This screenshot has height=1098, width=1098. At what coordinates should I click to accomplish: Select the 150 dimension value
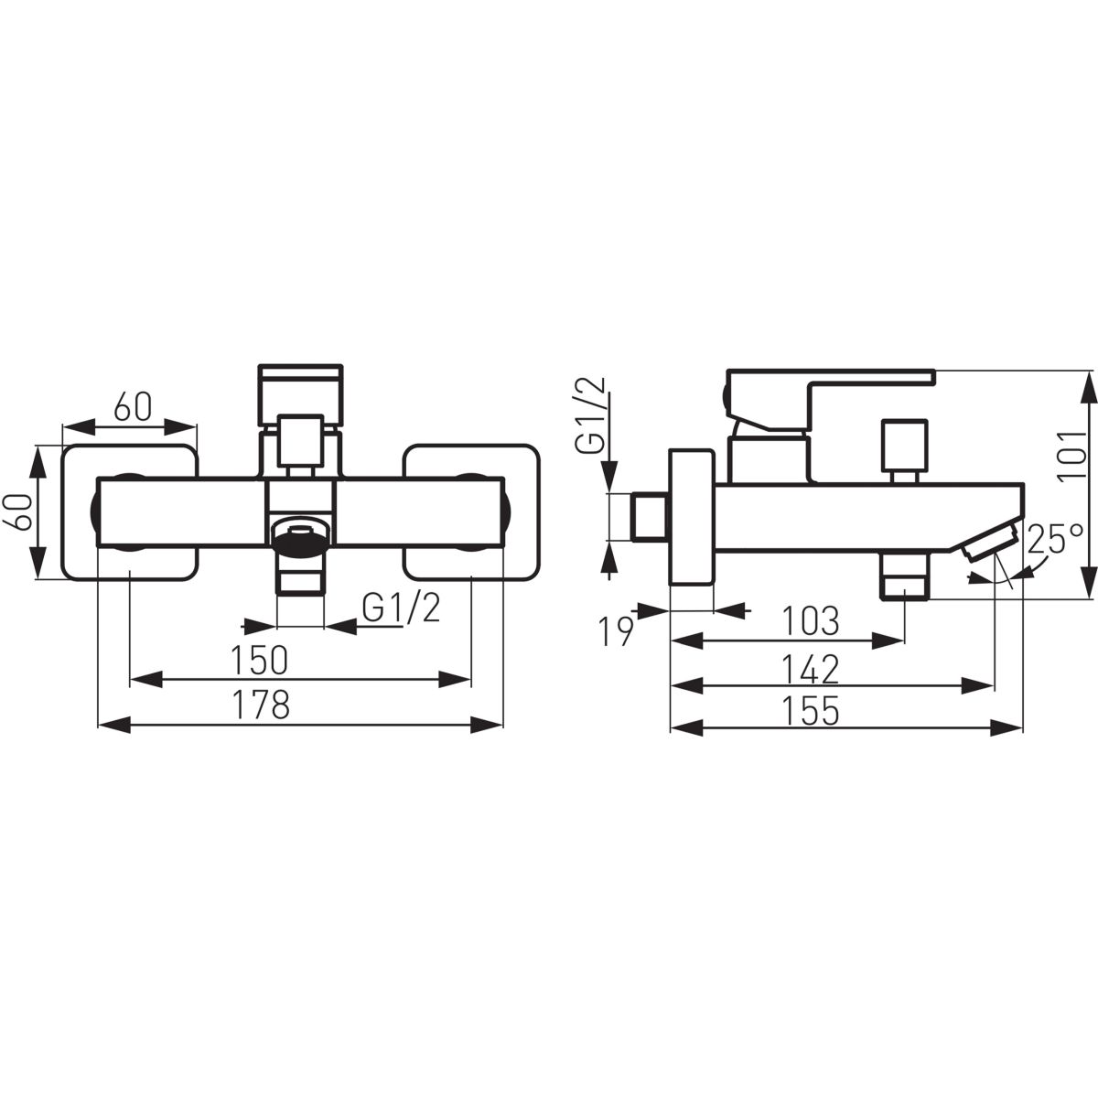click(259, 660)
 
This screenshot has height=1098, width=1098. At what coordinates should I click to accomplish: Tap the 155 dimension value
click(811, 709)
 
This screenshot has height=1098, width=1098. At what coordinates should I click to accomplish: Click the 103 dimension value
click(811, 621)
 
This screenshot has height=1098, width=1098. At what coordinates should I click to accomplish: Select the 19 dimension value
click(617, 630)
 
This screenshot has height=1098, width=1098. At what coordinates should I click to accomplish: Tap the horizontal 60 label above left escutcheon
click(133, 407)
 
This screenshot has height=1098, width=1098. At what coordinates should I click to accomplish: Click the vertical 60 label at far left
click(19, 512)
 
